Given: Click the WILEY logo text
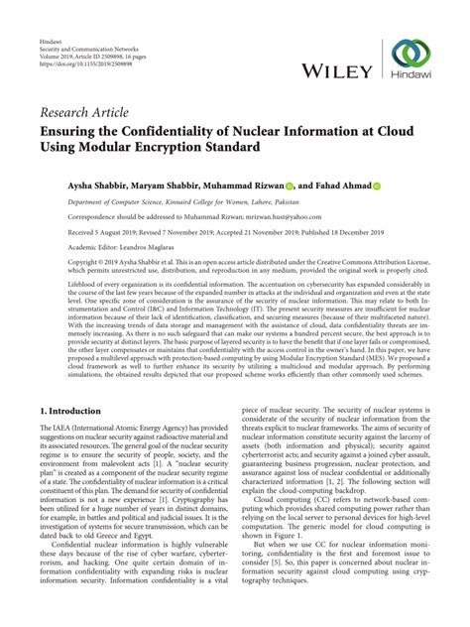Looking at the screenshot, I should pos(334,71).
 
